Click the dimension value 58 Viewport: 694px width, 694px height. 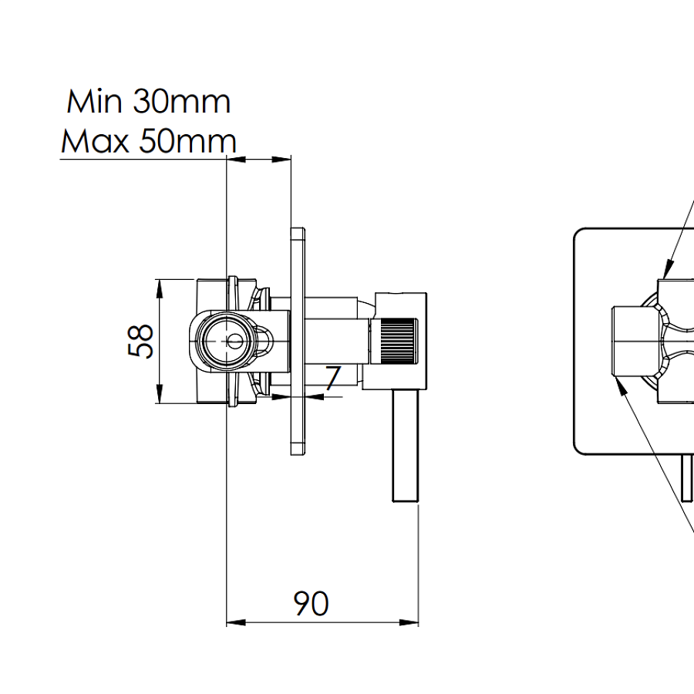click(141, 340)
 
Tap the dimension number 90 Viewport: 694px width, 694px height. click(311, 603)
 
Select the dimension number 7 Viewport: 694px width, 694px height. click(332, 379)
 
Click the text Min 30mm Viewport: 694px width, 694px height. click(148, 102)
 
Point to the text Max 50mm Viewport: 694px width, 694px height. click(148, 141)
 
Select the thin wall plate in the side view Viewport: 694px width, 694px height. click(298, 340)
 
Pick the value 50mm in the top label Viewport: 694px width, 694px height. click(187, 141)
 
